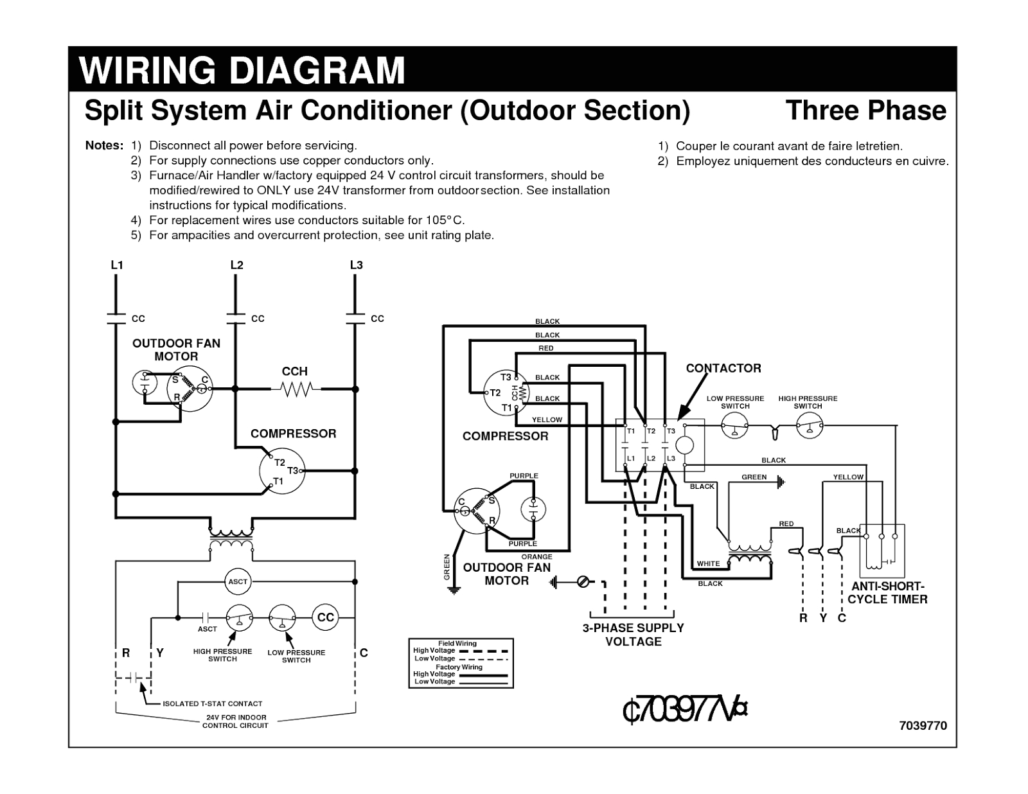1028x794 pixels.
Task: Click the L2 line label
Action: pyautogui.click(x=236, y=265)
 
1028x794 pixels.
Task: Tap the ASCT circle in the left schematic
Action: pyautogui.click(x=238, y=581)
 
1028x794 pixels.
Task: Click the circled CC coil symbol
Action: pyautogui.click(x=326, y=617)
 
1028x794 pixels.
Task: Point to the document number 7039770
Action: pyautogui.click(x=923, y=725)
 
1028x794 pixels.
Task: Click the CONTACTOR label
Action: pyautogui.click(x=723, y=368)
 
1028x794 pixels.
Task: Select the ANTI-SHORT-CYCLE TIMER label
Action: pyautogui.click(x=887, y=593)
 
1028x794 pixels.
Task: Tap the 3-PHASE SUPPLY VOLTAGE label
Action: pyautogui.click(x=633, y=635)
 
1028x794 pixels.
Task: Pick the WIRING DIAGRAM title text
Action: pyautogui.click(x=242, y=71)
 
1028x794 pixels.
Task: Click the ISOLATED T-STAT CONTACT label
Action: pyautogui.click(x=212, y=703)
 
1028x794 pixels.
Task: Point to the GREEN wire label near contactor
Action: pyautogui.click(x=754, y=477)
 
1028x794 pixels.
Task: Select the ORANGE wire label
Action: pyautogui.click(x=536, y=557)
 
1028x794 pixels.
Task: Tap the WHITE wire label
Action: pyautogui.click(x=708, y=564)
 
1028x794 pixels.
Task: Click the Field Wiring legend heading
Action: pyautogui.click(x=457, y=643)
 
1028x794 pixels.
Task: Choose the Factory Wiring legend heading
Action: pyautogui.click(x=459, y=667)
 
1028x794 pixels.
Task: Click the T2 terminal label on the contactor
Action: pyautogui.click(x=651, y=431)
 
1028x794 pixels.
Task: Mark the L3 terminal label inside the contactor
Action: pyautogui.click(x=671, y=458)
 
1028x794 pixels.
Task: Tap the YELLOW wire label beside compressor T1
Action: pyautogui.click(x=547, y=419)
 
